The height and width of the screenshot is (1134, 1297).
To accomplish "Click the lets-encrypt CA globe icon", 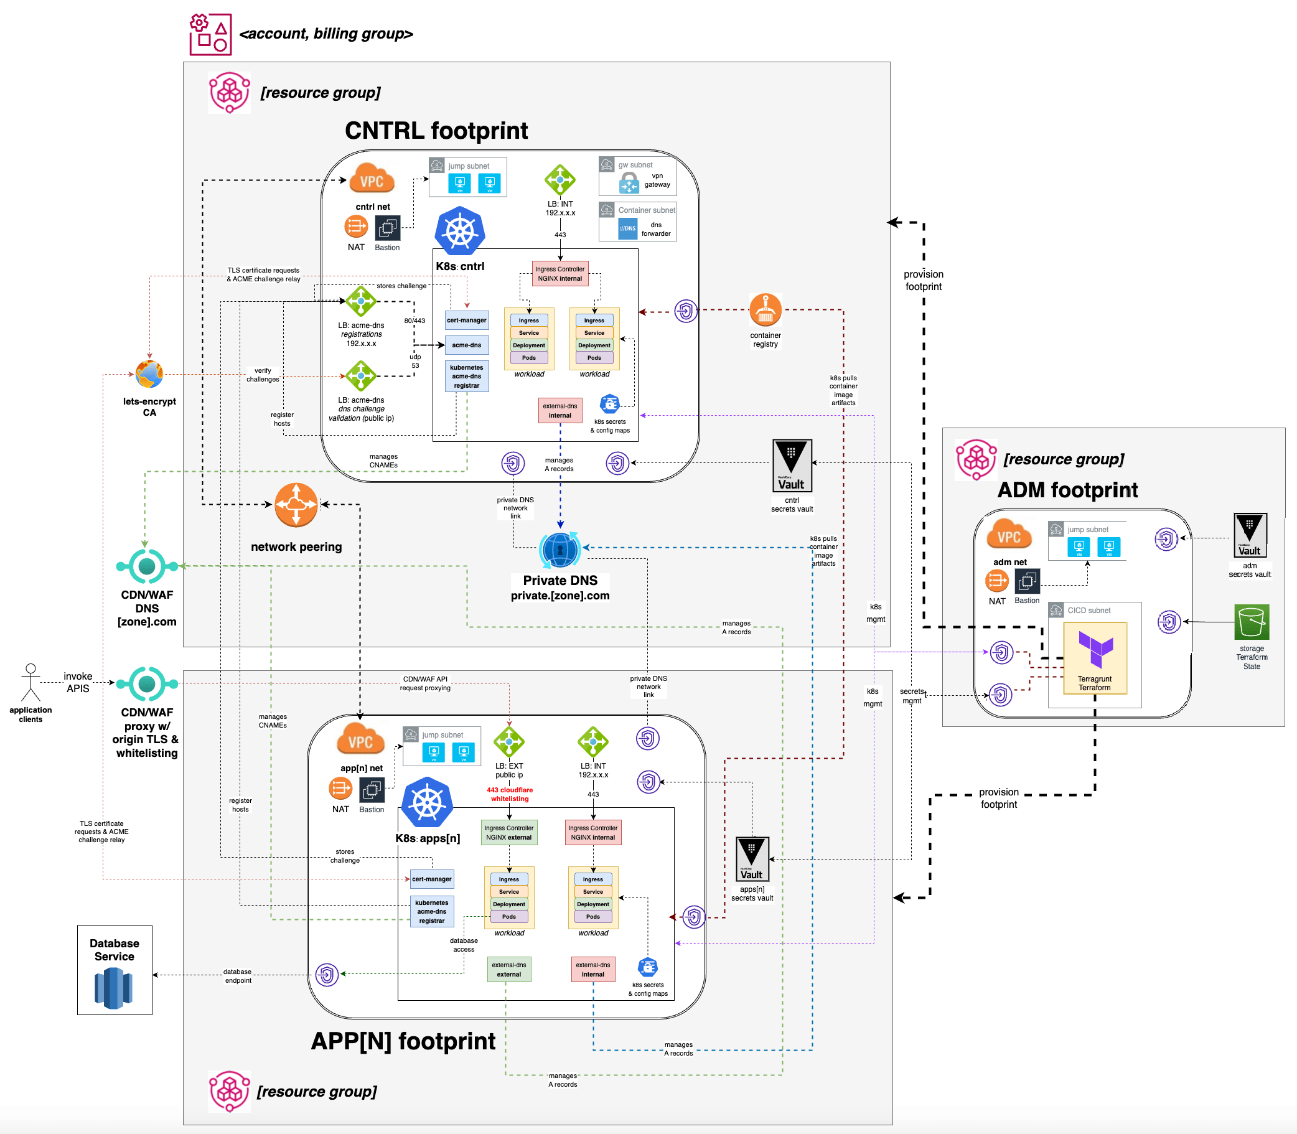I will click(149, 375).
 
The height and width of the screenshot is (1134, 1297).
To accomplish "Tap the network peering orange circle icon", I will click(296, 505).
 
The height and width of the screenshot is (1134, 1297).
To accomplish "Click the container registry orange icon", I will click(766, 310).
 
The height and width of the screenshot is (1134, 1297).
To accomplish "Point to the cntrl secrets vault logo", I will click(792, 466).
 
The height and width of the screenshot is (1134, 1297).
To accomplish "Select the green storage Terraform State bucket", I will click(1252, 622).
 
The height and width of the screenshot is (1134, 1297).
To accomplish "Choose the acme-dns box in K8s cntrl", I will click(466, 345).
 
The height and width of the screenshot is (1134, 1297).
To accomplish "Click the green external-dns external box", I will click(508, 970).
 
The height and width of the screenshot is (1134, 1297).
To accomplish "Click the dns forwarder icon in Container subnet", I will click(627, 228).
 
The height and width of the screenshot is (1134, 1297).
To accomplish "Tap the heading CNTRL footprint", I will click(436, 130).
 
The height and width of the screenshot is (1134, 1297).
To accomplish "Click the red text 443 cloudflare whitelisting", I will click(509, 794).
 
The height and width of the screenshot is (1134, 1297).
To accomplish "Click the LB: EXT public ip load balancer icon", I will click(508, 742).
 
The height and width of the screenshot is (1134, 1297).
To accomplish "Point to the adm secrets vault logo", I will click(1250, 535).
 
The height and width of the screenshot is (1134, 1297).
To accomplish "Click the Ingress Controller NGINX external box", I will click(508, 832).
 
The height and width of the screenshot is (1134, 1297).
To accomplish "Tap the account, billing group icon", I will click(210, 34).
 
